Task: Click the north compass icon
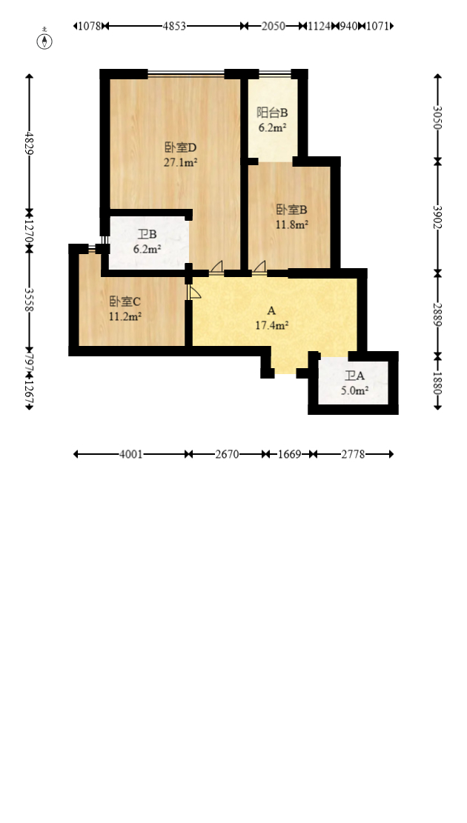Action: (x=45, y=41)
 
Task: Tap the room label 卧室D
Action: (x=180, y=147)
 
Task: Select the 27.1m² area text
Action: (x=180, y=161)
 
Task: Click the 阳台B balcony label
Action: (x=272, y=113)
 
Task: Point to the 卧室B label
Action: (x=291, y=209)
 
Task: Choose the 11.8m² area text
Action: (x=291, y=224)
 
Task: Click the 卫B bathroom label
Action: (x=147, y=235)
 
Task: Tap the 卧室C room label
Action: (x=125, y=301)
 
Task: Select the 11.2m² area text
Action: (x=125, y=316)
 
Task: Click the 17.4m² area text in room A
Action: (x=271, y=324)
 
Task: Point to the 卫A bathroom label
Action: (x=354, y=376)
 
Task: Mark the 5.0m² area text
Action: (x=354, y=390)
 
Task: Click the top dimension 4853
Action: (x=174, y=26)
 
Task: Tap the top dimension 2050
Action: (x=273, y=26)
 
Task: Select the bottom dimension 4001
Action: (x=131, y=454)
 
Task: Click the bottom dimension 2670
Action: (x=227, y=454)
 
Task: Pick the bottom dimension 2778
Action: (x=353, y=454)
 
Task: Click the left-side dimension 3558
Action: (x=30, y=299)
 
